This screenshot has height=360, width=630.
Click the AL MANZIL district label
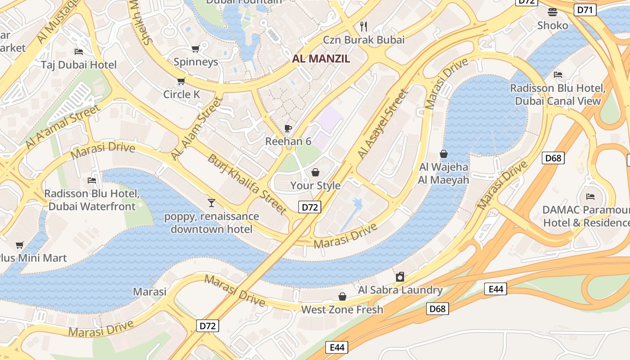coord(321,58)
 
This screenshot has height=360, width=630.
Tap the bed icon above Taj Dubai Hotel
coord(79,51)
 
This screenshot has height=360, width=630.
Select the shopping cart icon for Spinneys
coord(195,49)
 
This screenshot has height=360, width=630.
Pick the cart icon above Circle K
coord(181,81)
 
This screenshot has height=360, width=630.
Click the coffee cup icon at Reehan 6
coord(288,129)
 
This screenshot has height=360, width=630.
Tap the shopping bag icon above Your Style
coord(315,172)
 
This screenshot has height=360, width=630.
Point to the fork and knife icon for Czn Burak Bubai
coord(364,26)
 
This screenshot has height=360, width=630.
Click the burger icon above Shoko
coord(553,12)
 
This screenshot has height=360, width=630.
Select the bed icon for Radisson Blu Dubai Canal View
coord(558,74)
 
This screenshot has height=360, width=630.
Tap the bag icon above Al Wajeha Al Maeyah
coord(444,154)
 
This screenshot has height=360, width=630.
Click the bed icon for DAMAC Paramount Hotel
coord(590,196)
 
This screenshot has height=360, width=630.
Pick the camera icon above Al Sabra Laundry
coord(400,276)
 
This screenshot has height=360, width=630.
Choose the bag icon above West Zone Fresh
coord(342,297)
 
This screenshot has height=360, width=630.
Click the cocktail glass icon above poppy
coord(211,203)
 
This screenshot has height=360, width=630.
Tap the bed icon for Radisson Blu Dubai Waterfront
coord(92,180)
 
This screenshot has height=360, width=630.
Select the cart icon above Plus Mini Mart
coord(19,245)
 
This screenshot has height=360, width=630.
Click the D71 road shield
coord(585,9)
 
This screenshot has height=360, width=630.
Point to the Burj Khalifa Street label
coord(247,184)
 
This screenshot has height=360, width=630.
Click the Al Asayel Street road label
coord(382,124)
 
